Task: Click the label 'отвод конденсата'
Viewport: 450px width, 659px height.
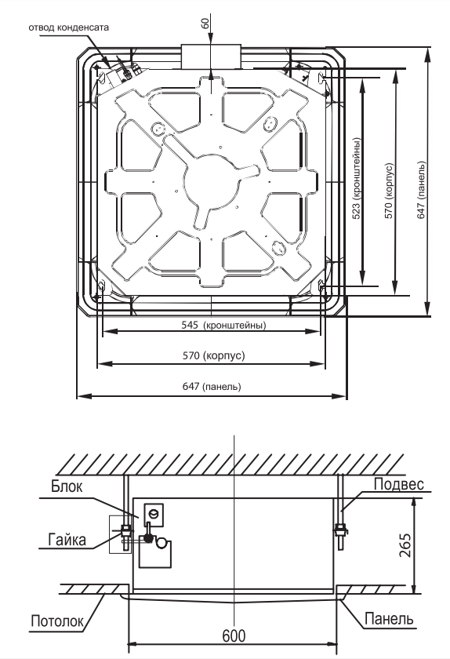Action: coord(68,27)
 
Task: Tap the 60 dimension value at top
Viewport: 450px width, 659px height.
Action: coord(205,24)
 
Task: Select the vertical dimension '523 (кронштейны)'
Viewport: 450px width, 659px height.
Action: coord(356,178)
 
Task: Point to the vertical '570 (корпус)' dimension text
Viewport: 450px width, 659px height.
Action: coord(389,191)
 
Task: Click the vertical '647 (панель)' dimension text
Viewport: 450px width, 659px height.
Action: coord(421,191)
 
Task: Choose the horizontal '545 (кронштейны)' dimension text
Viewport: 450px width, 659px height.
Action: coord(223,325)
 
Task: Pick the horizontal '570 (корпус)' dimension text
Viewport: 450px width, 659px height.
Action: coord(213,355)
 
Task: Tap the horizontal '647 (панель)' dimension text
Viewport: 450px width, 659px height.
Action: coord(212,386)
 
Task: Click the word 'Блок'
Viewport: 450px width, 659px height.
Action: coord(67,486)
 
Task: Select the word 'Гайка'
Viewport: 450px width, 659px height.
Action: coord(67,539)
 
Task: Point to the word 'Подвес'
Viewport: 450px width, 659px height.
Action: coord(399,484)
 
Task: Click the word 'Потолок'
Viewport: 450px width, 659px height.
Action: coord(57,621)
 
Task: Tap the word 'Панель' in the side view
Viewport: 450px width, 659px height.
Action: coord(389,619)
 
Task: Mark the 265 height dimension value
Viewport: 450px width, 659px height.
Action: coord(405,545)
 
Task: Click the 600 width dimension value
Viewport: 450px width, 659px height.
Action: coord(234,636)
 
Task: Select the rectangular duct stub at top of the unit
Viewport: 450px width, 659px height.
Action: coord(211,56)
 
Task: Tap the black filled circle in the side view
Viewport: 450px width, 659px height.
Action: coord(148,538)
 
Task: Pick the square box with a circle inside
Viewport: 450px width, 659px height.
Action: coord(154,515)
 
